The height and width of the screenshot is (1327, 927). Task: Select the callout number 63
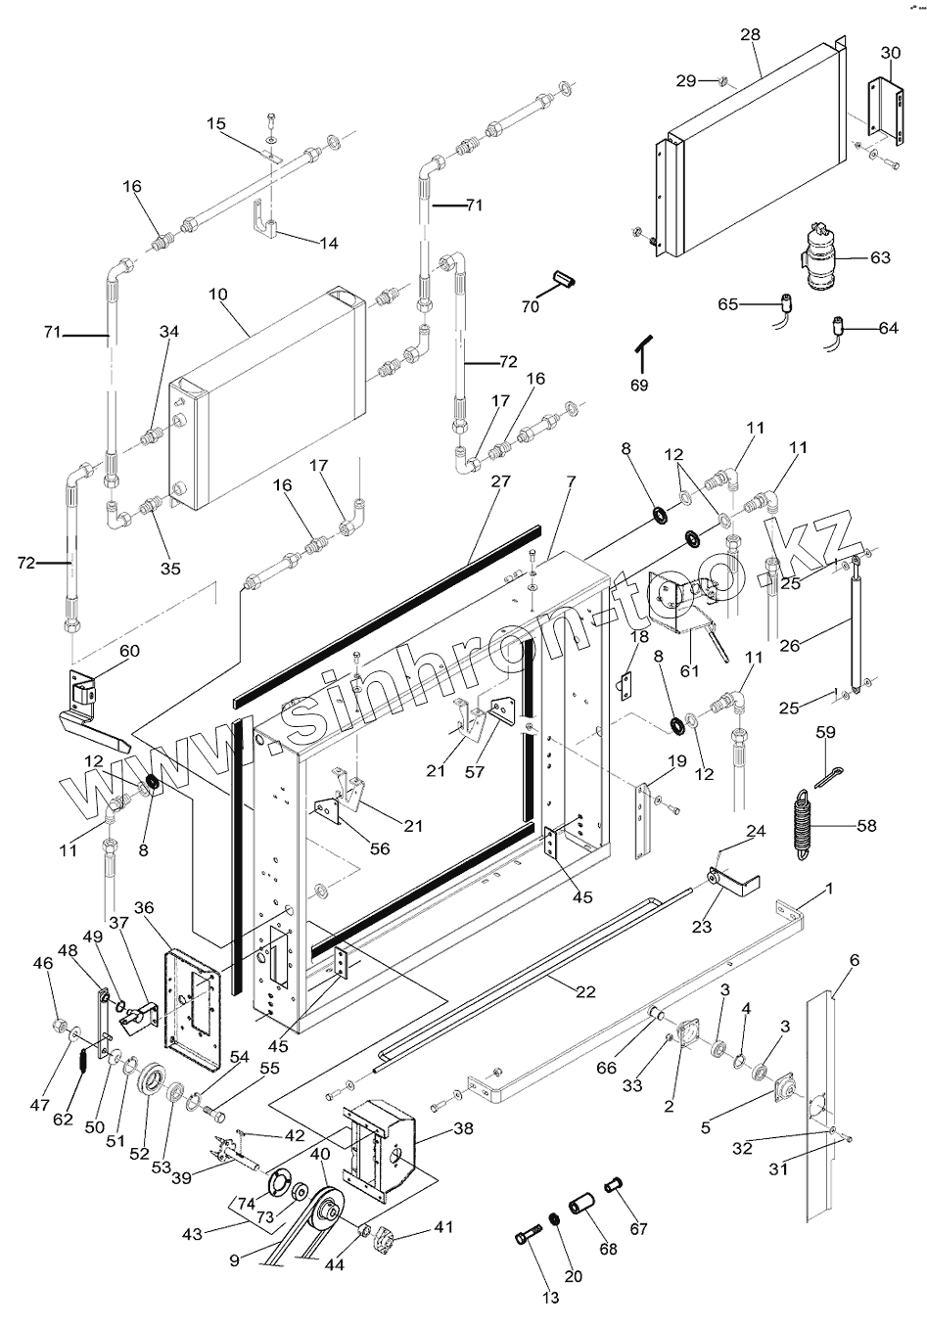click(880, 258)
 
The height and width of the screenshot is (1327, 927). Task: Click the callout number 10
click(216, 295)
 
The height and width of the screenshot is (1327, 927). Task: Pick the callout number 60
click(129, 652)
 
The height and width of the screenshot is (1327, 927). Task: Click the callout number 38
click(463, 1127)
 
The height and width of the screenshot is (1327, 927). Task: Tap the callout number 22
click(585, 991)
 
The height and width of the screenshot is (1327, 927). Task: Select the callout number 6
click(854, 961)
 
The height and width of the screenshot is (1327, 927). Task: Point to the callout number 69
click(639, 386)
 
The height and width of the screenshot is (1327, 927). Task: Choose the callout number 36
click(144, 908)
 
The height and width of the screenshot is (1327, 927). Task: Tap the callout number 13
click(551, 1298)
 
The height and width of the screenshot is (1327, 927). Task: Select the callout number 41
click(443, 1226)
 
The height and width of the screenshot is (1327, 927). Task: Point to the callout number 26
click(791, 645)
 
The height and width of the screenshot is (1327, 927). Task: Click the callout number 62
click(63, 1119)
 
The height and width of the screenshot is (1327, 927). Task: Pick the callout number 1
click(829, 890)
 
